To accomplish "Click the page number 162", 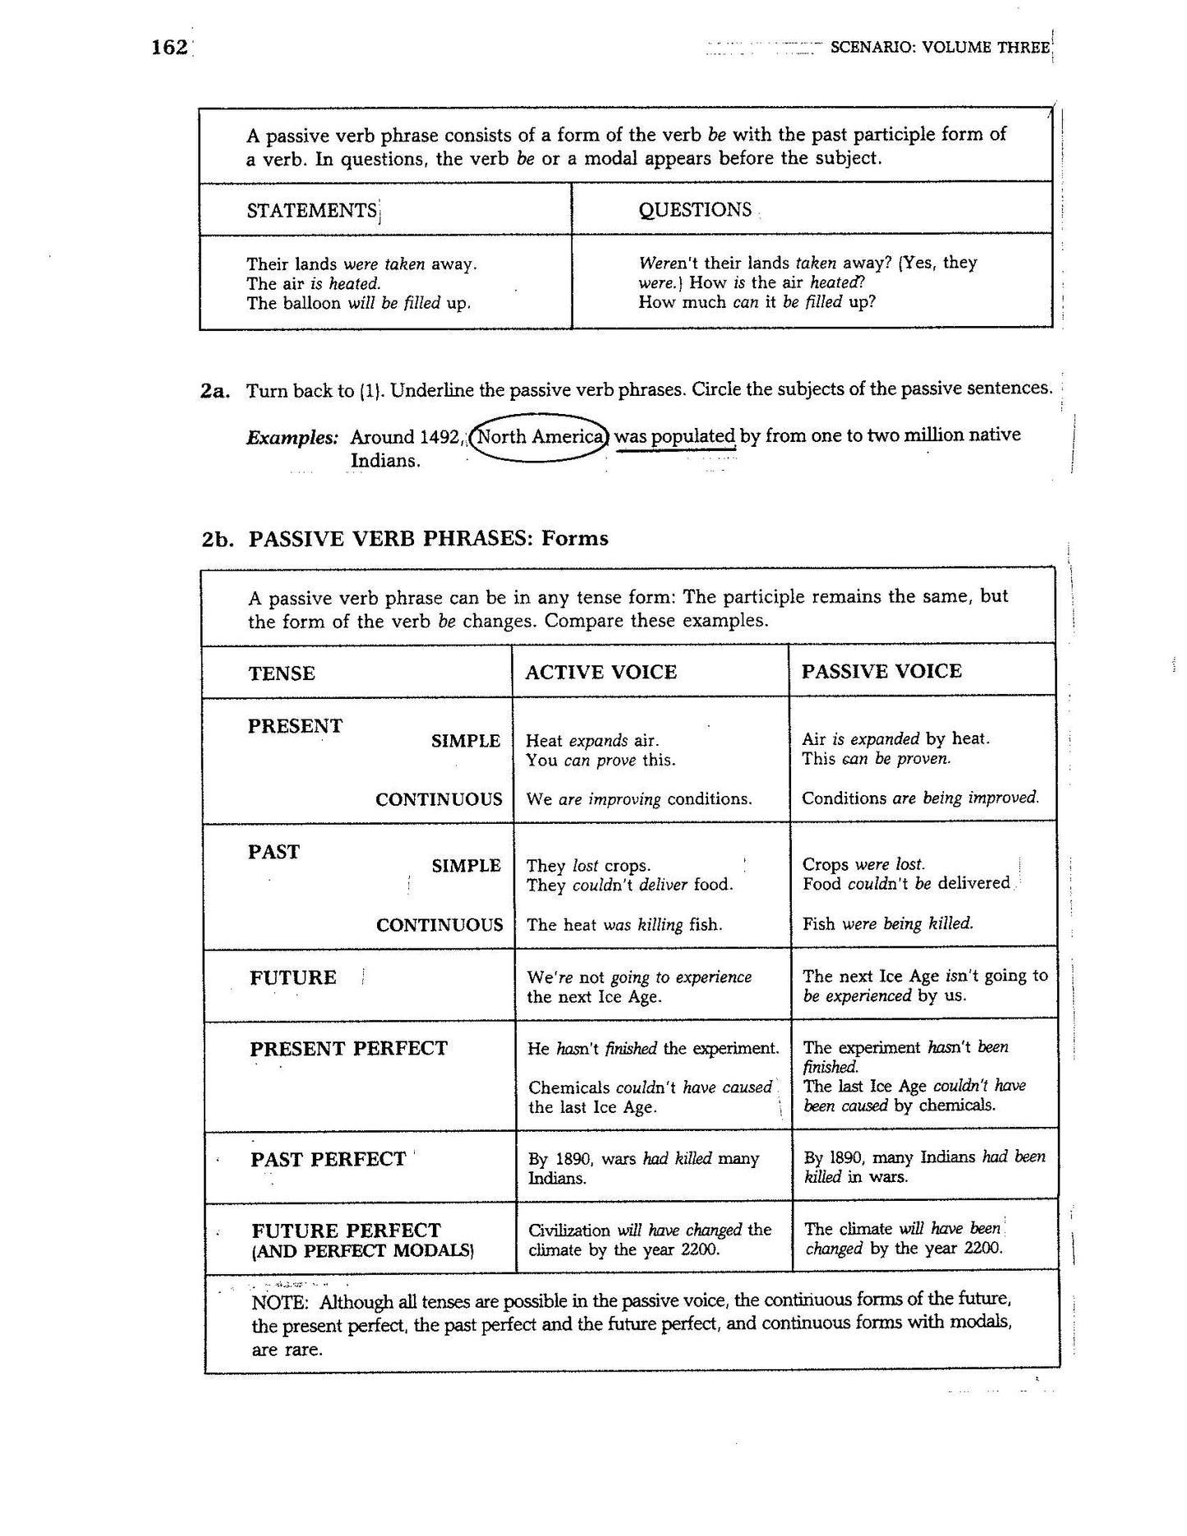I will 170,48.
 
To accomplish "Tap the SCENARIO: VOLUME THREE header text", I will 940,48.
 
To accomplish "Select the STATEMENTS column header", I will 311,210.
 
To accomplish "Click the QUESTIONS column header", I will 695,209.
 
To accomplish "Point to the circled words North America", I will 541,436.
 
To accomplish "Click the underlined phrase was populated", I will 674,436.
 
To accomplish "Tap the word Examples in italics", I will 292,438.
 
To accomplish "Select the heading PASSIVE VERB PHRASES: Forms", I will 427,539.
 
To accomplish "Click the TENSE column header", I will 282,674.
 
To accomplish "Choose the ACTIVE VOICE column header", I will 600,672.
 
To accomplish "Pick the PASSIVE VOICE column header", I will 881,671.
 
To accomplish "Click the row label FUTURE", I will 293,977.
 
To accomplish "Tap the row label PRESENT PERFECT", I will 348,1049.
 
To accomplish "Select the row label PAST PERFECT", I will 328,1159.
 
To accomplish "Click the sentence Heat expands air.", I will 592,740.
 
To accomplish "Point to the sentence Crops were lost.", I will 863,864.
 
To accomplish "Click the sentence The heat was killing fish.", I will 624,925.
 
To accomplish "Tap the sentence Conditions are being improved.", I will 920,798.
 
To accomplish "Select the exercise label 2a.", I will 214,391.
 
